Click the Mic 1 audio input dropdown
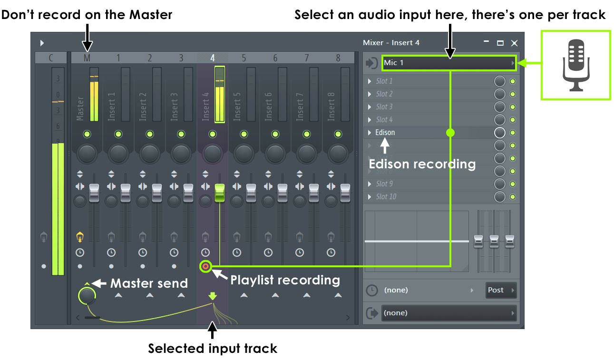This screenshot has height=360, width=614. coord(447,63)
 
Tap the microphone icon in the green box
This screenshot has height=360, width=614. coord(576,65)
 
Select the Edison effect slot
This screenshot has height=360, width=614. coord(385,132)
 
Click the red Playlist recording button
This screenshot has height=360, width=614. coord(205,266)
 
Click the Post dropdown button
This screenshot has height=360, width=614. coord(501,290)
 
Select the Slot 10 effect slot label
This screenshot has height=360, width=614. coord(386,196)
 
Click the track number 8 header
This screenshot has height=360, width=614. coord(338,58)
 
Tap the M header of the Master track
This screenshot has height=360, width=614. coord(87,58)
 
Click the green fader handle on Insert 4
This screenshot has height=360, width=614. coord(219,193)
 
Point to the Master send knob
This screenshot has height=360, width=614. coord(87,296)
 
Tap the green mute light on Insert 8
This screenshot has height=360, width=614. coord(338,134)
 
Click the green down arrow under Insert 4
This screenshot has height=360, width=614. coord(213,296)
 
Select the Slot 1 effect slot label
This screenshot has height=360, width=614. coord(384,81)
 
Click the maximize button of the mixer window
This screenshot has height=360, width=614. coord(500,43)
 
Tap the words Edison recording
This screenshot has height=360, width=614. coord(422,164)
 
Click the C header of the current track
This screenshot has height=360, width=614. coord(51,58)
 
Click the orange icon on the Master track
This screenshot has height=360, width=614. coord(80,236)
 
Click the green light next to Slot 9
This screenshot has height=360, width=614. coord(513,184)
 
